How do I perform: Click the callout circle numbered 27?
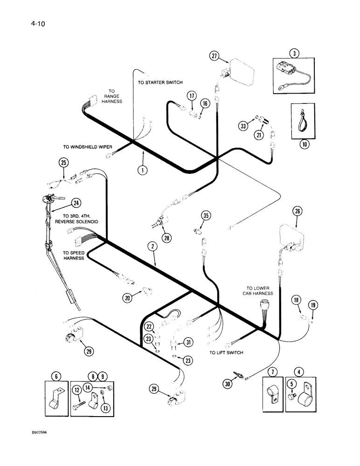tap(215, 56)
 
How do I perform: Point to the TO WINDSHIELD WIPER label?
tap(87, 147)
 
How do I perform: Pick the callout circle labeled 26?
tap(298, 211)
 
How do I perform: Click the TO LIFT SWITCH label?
tap(226, 353)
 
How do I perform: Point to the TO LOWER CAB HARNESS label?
tap(260, 291)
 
